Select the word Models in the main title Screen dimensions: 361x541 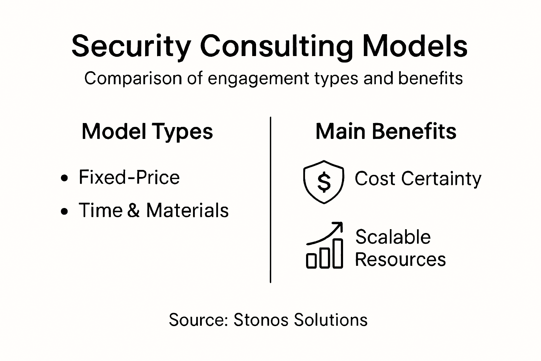pyautogui.click(x=415, y=46)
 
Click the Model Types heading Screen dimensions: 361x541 pyautogui.click(x=147, y=131)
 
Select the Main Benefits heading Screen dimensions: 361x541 pyautogui.click(x=386, y=131)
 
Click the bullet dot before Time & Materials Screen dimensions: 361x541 pyautogui.click(x=64, y=211)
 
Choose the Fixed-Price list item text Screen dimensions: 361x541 pyautogui.click(x=129, y=177)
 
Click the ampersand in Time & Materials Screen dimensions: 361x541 pyautogui.click(x=133, y=210)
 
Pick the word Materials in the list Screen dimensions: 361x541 pyautogui.click(x=187, y=210)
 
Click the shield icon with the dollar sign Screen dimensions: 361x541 pyautogui.click(x=323, y=182)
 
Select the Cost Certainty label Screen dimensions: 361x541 pyautogui.click(x=418, y=178)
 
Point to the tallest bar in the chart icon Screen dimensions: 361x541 pyautogui.click(x=338, y=253)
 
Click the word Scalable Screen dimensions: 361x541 pyautogui.click(x=393, y=237)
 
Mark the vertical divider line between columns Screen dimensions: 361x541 pyautogui.click(x=270, y=200)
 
